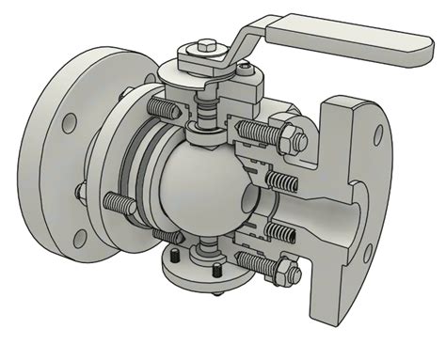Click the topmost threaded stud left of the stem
click(x=164, y=108)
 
